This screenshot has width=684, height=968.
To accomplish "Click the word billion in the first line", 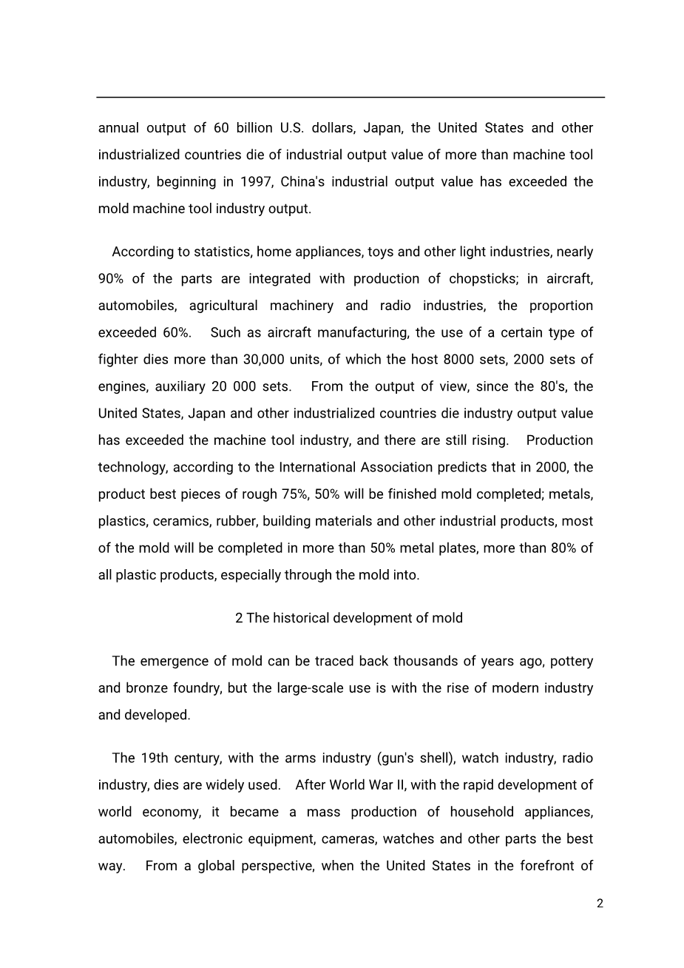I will pos(254,128).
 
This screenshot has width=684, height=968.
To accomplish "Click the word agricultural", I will pos(223,306).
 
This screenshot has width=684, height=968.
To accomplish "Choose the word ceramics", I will pos(180,521).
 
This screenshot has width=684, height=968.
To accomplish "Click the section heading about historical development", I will pos(349,618).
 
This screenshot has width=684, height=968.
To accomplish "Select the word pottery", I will pos(572,662).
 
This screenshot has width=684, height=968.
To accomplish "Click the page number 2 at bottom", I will pos(600,904).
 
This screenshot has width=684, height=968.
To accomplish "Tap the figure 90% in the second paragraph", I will pos(111,279).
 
